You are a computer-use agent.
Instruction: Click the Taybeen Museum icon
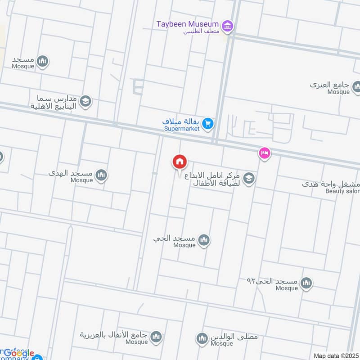(228, 27)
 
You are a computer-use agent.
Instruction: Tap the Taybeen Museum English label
(187, 24)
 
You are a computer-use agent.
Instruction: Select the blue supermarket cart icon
(207, 123)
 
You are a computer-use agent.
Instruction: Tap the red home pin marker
(180, 162)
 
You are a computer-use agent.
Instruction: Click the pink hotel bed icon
(264, 154)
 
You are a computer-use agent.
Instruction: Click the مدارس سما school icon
(85, 102)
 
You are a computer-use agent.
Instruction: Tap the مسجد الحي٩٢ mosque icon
(306, 283)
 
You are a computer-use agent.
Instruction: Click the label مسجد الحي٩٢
(272, 281)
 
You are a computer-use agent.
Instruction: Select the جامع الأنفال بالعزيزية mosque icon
(156, 337)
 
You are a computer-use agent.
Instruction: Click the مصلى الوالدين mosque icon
(202, 338)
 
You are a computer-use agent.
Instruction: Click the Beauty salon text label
(342, 191)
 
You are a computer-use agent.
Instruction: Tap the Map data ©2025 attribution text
(336, 355)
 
